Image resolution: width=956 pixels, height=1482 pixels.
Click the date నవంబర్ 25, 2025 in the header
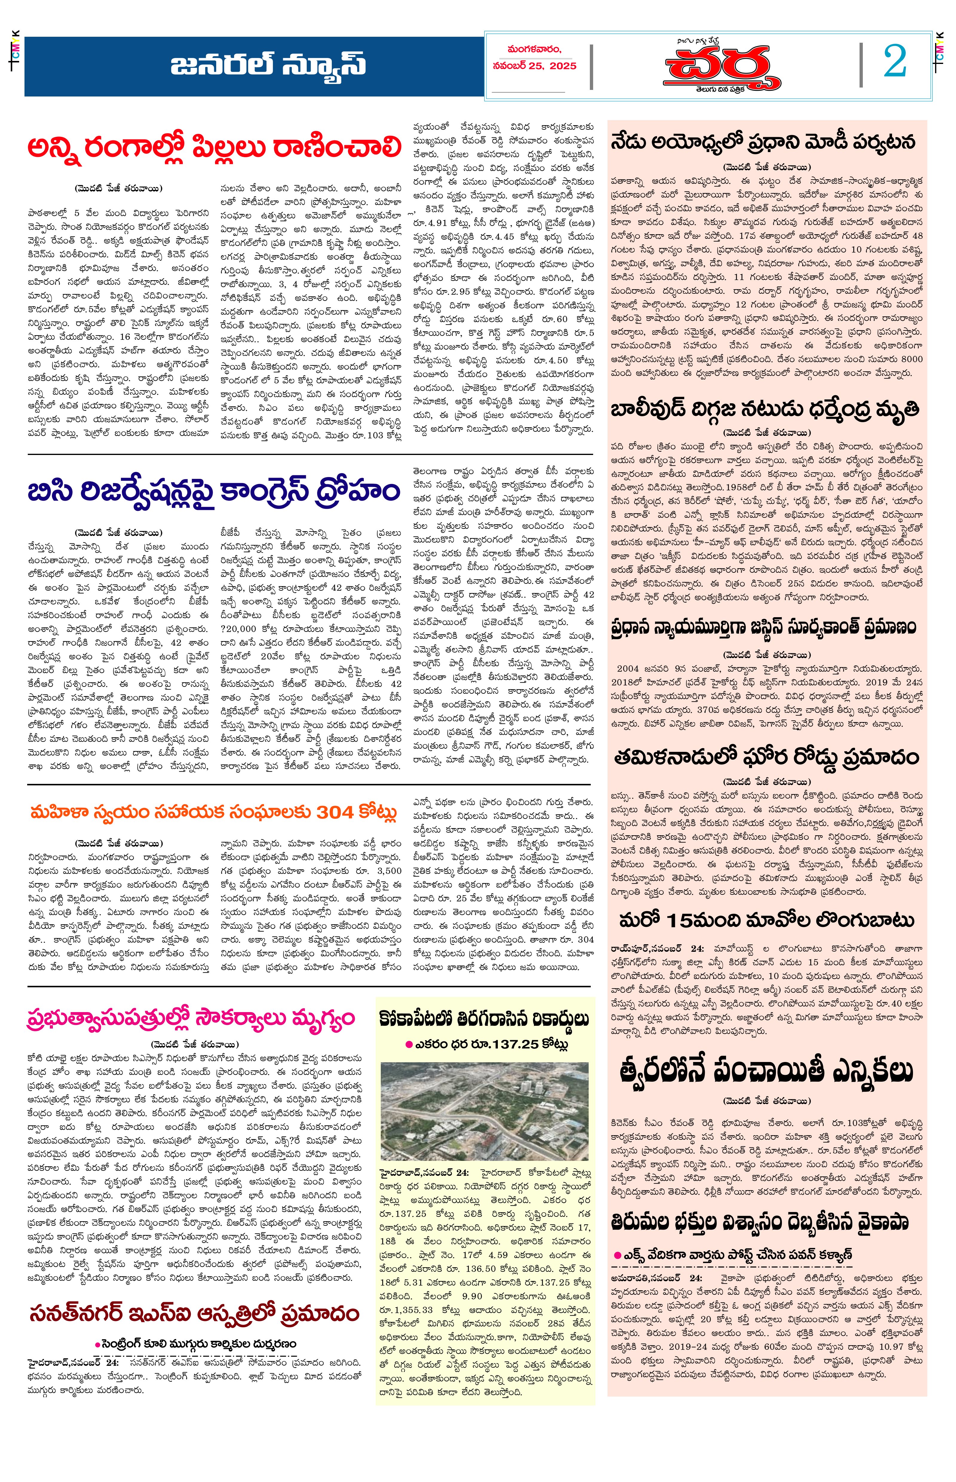(x=535, y=66)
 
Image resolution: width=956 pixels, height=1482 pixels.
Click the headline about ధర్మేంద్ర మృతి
(x=765, y=410)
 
